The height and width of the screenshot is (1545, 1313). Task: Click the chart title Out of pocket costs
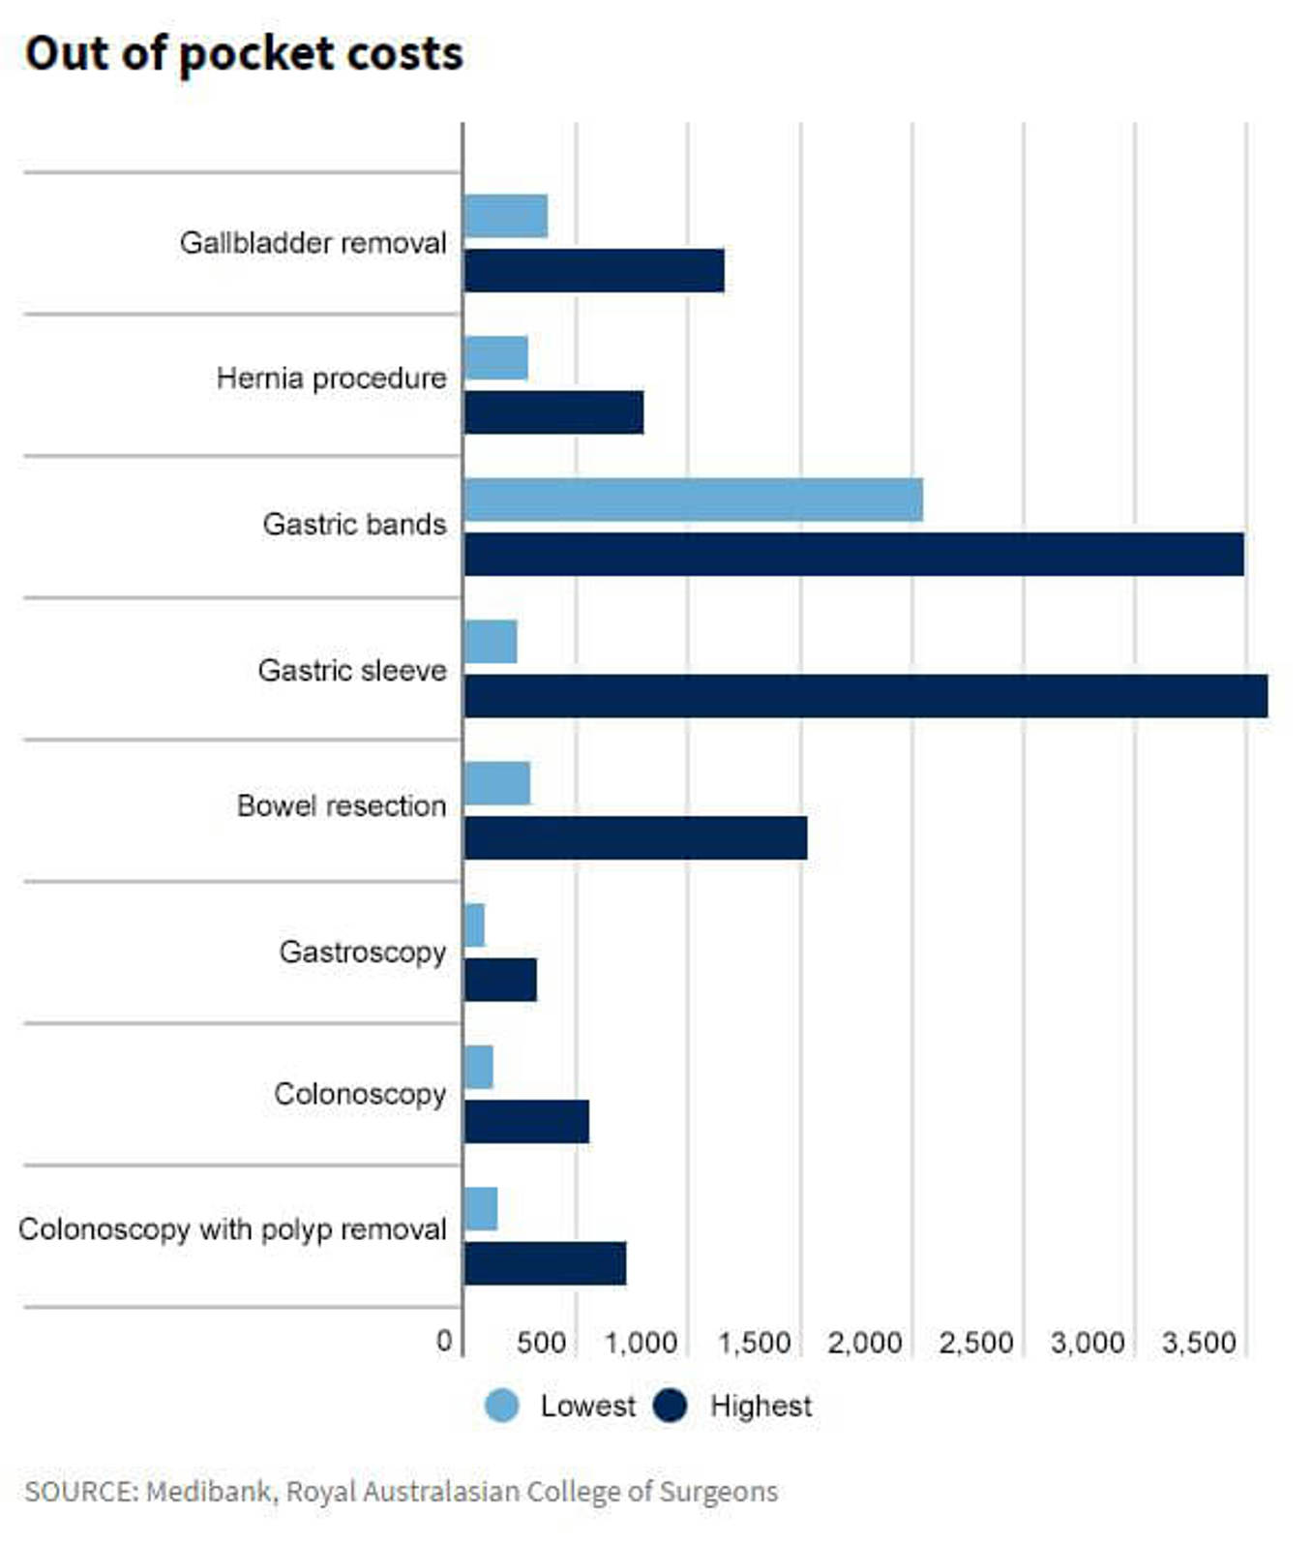pos(244,53)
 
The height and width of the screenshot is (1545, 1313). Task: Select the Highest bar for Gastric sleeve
pos(865,697)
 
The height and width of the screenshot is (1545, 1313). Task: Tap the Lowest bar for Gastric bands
pos(693,500)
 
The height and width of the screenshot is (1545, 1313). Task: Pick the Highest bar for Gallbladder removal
pos(594,270)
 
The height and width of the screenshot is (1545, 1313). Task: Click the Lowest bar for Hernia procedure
pos(496,358)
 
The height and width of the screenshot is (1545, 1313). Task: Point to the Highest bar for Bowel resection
pos(636,838)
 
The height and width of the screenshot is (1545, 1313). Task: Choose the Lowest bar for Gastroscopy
pos(474,925)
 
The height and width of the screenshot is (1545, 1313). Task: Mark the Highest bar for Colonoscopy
pos(526,1122)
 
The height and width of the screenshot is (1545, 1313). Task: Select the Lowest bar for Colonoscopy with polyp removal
pos(481,1209)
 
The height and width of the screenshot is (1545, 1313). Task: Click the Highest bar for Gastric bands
pos(853,555)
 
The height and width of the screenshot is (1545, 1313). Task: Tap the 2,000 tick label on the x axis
pos(865,1343)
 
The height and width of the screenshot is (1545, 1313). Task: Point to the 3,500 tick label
pos(1199,1343)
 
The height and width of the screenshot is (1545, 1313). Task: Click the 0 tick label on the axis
pos(444,1341)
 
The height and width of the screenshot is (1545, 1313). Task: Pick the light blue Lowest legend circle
pos(501,1406)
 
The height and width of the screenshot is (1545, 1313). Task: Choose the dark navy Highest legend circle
pos(671,1406)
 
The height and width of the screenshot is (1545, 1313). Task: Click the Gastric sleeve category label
pos(352,670)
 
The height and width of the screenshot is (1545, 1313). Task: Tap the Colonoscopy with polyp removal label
pos(232,1229)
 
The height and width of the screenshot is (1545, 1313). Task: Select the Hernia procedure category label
pos(331,378)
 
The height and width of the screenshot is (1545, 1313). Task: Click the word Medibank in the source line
pos(209,1492)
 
